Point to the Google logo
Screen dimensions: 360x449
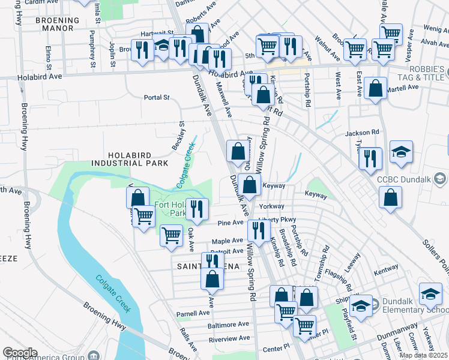20,353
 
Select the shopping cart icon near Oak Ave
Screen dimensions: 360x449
172,235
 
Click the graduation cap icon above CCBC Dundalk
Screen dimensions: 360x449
401,152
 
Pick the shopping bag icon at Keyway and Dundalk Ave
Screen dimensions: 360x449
249,185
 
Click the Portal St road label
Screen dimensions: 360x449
157,97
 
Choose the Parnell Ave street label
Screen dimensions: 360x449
193,313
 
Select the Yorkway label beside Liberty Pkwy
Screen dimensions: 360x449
272,206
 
